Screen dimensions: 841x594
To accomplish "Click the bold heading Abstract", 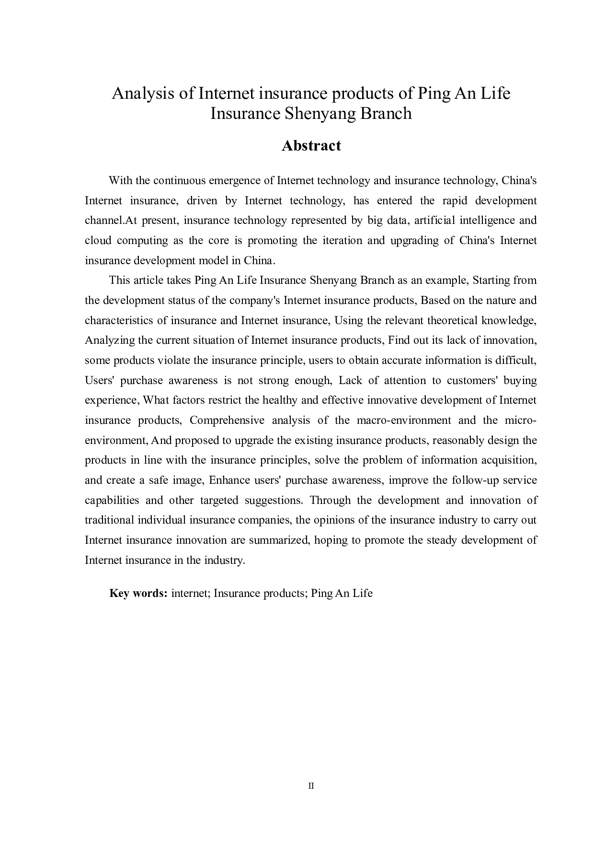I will coord(311,146).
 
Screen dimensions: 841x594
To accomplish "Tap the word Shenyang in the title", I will coord(316,114).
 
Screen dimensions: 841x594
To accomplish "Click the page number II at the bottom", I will coord(311,786).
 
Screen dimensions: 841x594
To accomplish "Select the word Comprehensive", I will coord(227,420).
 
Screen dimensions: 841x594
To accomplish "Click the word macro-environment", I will coord(403,420).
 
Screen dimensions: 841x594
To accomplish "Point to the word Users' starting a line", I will coord(98,381).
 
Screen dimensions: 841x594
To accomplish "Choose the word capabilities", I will coord(112,501).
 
